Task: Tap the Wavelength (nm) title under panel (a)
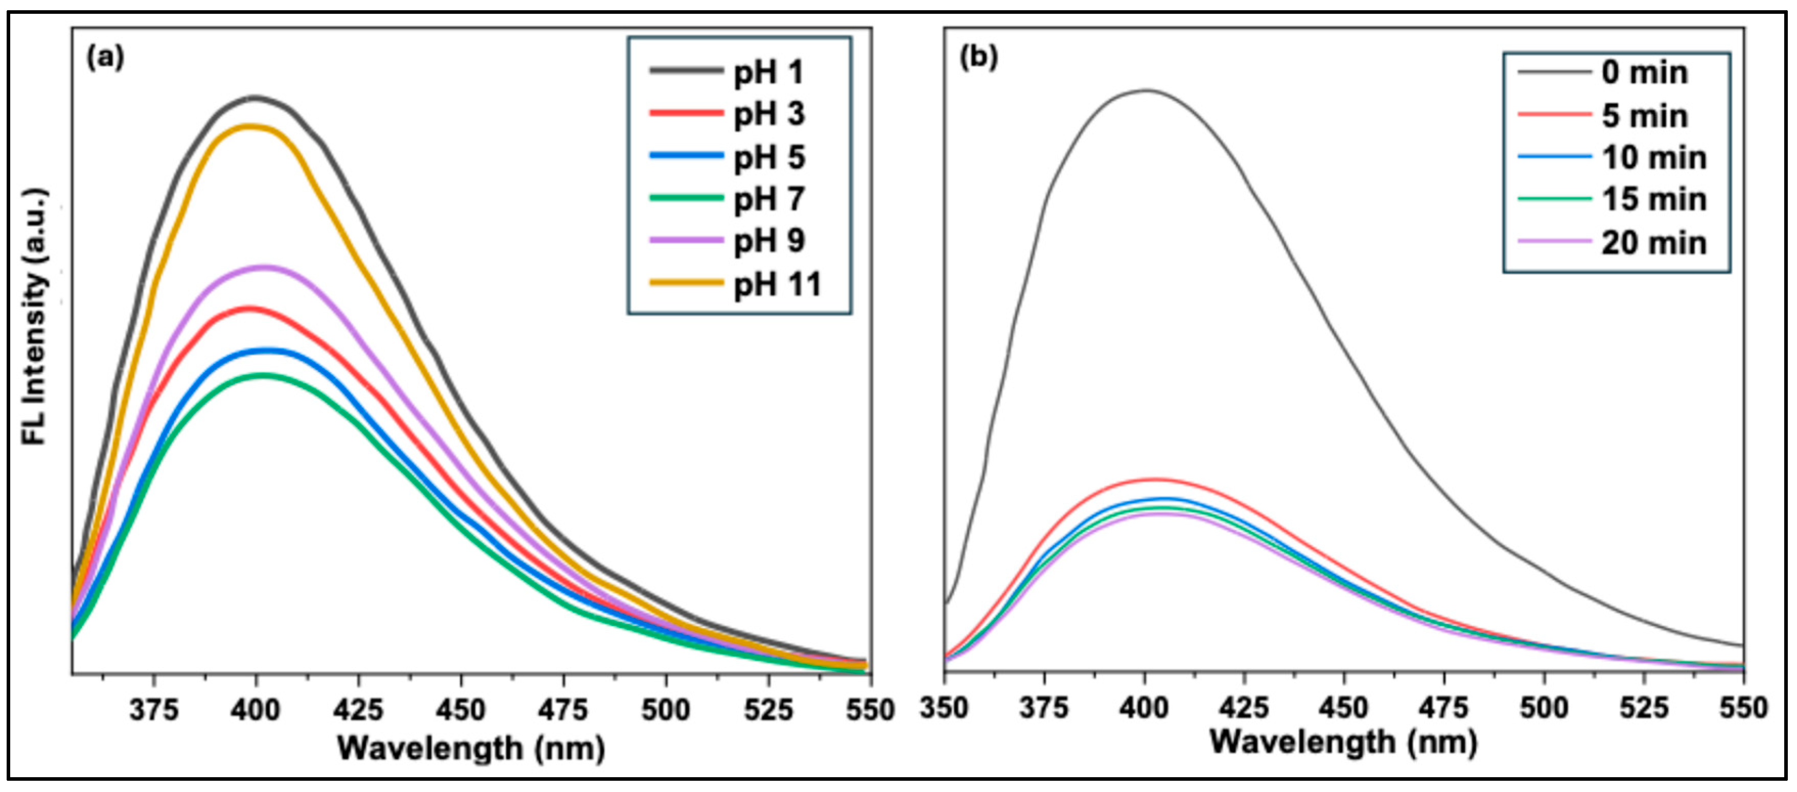tap(472, 749)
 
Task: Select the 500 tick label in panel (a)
tap(665, 710)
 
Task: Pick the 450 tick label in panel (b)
tap(1344, 708)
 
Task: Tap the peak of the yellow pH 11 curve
tap(250, 126)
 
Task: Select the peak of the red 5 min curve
tap(1155, 479)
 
